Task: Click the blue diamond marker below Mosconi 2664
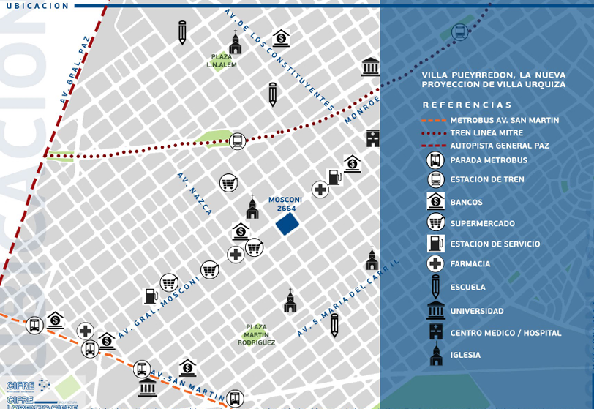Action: click(x=287, y=224)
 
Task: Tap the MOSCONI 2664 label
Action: click(x=285, y=204)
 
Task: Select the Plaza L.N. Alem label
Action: click(x=222, y=61)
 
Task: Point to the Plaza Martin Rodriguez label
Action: click(x=256, y=334)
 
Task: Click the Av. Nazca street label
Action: click(x=195, y=194)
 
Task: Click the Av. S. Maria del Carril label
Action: click(x=348, y=299)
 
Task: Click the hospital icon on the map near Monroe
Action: click(x=373, y=138)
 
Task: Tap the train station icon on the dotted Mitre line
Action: click(x=237, y=141)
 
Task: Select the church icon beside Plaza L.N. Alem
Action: click(x=236, y=43)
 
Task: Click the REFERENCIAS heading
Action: click(x=467, y=105)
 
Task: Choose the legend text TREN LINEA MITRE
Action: click(x=486, y=133)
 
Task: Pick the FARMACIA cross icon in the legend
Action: click(x=435, y=264)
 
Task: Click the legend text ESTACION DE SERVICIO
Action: click(x=495, y=244)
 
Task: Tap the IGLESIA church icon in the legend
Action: click(x=436, y=355)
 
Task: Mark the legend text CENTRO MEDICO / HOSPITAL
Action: click(x=505, y=334)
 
